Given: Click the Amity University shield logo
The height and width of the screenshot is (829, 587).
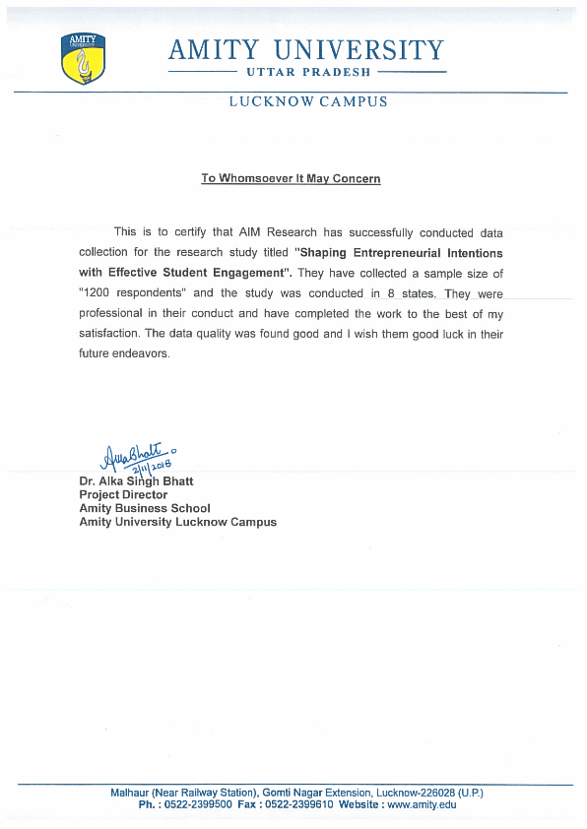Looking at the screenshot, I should point(84,58).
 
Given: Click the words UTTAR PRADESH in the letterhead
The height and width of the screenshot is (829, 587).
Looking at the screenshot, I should point(305,72).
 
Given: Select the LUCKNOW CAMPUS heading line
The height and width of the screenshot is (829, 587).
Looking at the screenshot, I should point(308,101).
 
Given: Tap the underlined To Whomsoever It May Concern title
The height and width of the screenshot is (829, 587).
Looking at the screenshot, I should point(291,178).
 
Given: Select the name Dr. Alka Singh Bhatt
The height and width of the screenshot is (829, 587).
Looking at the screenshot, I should point(136,481).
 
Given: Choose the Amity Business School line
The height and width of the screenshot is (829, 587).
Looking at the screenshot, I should point(144,508).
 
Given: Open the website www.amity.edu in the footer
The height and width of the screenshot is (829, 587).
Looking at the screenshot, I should point(422,805).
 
